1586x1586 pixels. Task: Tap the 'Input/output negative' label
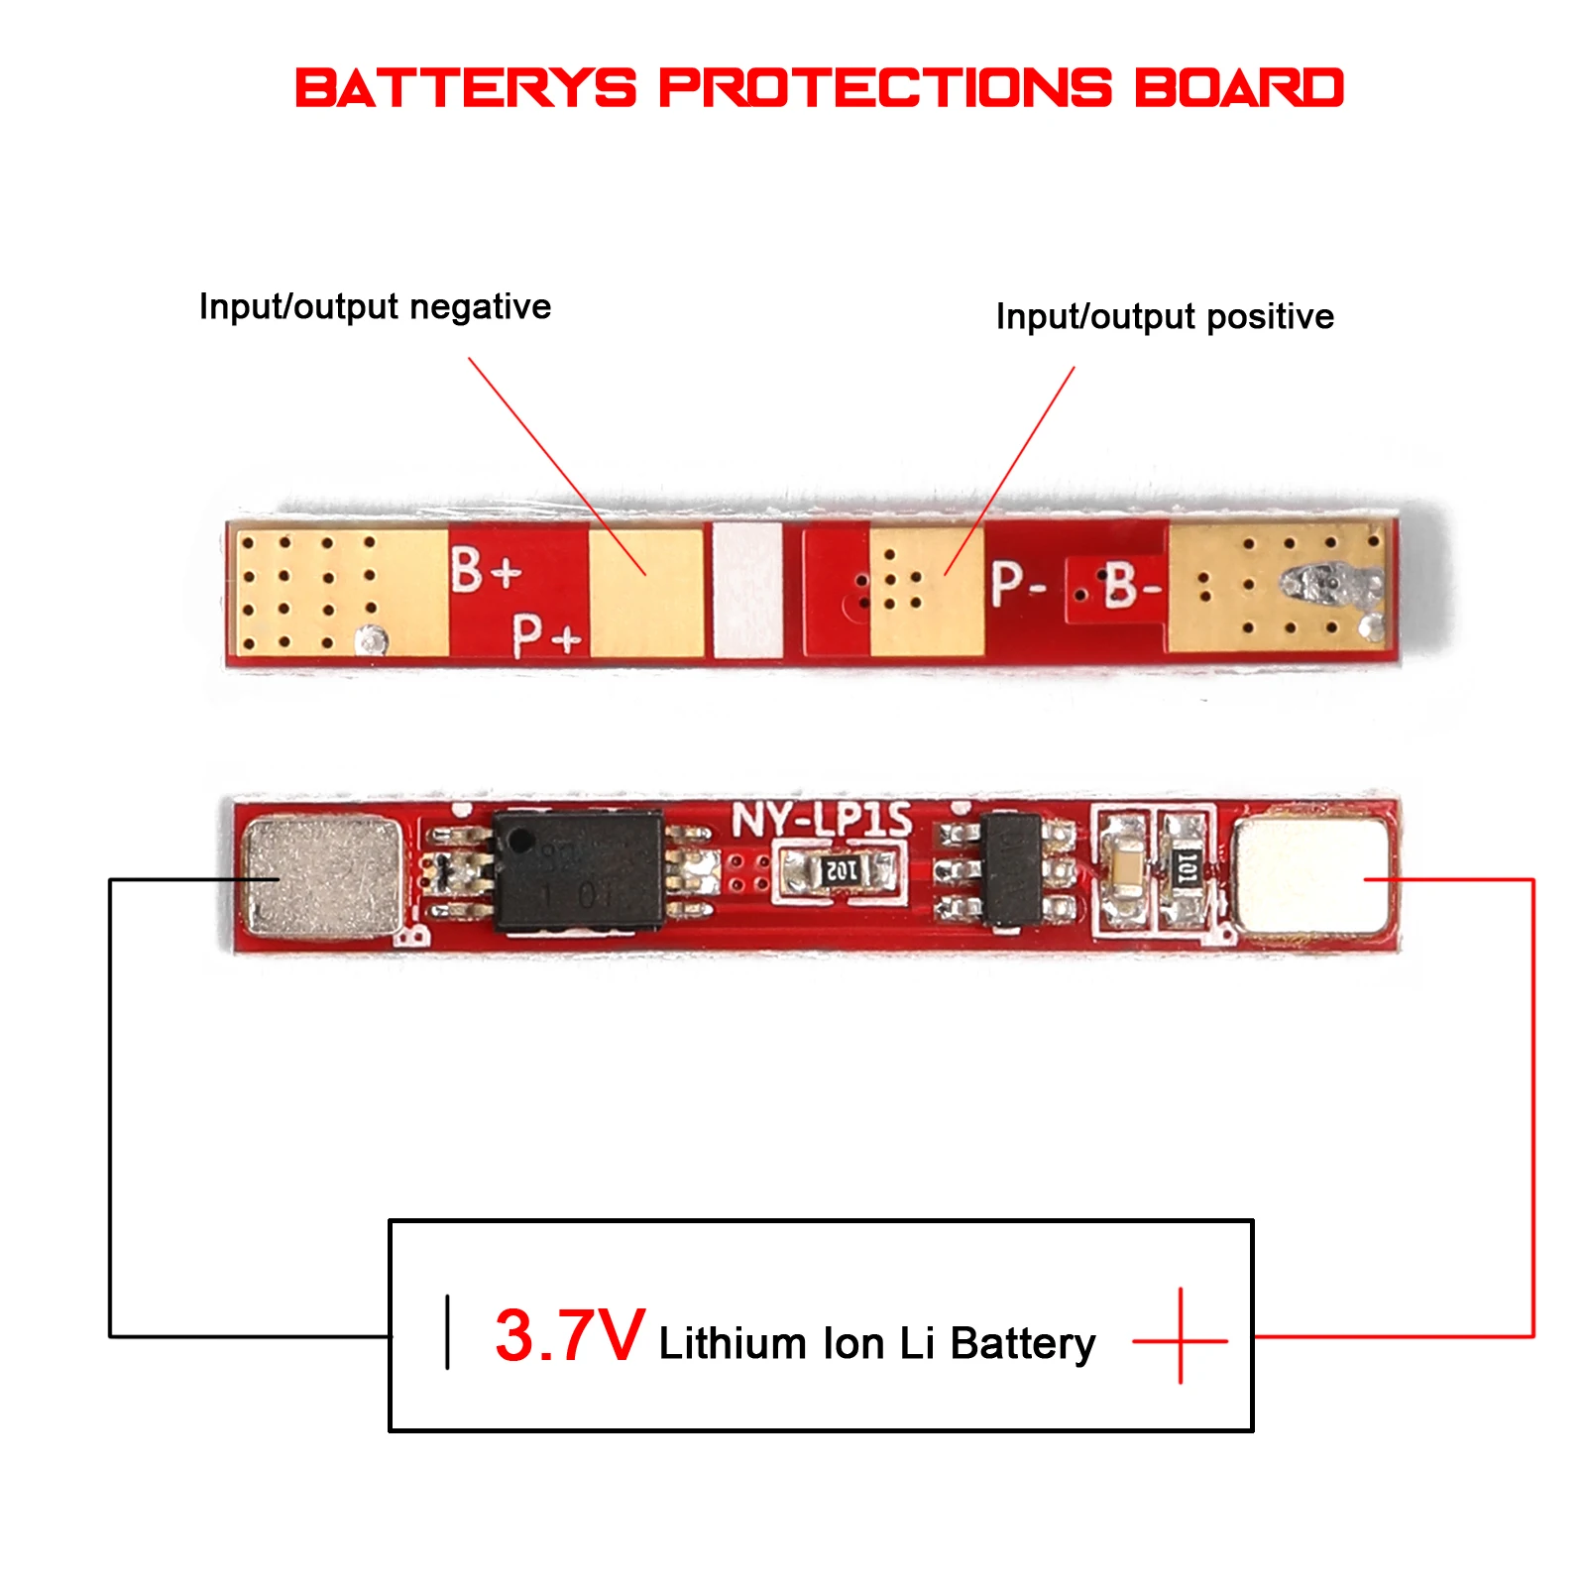click(x=375, y=306)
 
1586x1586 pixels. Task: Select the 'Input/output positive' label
click(x=1165, y=317)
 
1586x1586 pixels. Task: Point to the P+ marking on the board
click(x=546, y=634)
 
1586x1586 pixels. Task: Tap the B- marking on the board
click(x=1131, y=584)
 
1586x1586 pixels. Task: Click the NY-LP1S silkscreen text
click(x=822, y=821)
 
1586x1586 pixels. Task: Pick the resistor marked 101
click(x=1185, y=870)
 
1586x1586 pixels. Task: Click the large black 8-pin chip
click(x=579, y=871)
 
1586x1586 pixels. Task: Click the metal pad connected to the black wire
click(x=322, y=876)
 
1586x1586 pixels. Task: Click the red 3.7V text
click(x=570, y=1336)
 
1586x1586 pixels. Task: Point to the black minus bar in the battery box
click(x=448, y=1331)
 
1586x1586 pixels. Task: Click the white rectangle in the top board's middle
click(x=747, y=590)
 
